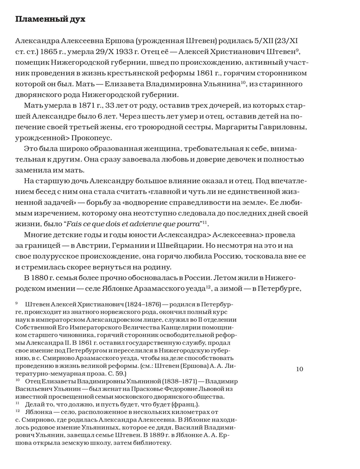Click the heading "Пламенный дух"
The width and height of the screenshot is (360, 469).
click(50, 19)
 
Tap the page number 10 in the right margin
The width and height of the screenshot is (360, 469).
click(300, 369)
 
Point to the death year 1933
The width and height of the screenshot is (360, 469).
click(140, 51)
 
